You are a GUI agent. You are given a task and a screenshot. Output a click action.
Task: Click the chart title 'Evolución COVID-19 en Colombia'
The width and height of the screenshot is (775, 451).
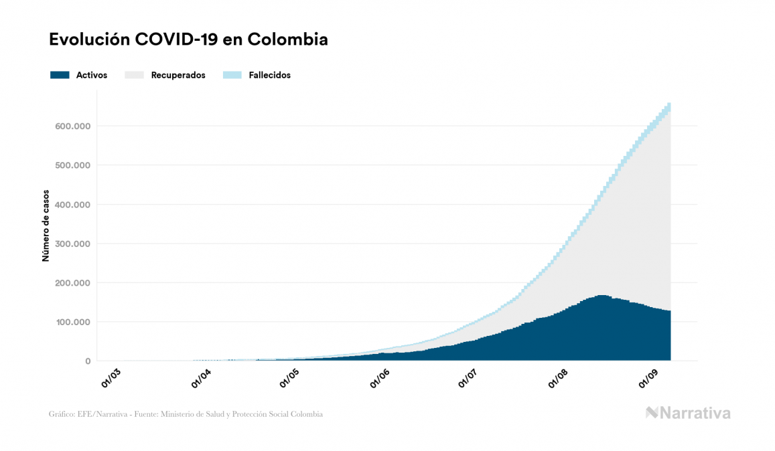188,39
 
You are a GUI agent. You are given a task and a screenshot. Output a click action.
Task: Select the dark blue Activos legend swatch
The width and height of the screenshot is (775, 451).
60,75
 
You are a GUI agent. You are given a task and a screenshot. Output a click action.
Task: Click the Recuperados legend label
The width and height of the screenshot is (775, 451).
178,75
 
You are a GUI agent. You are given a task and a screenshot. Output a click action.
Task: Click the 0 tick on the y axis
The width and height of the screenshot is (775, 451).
87,361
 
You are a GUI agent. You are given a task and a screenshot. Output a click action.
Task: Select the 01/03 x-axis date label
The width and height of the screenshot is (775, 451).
111,379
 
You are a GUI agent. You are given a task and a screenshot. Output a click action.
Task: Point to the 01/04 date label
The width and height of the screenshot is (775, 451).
200,379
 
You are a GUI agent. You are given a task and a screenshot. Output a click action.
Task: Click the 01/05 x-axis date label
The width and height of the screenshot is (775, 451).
290,379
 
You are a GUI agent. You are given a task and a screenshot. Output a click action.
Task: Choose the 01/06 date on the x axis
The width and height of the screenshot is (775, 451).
380,379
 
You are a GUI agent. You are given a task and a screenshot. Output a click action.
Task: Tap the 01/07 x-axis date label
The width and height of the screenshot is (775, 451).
468,379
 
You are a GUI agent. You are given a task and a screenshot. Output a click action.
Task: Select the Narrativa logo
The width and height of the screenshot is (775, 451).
688,413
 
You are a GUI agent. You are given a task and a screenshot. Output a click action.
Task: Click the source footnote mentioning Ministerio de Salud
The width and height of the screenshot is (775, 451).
186,414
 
